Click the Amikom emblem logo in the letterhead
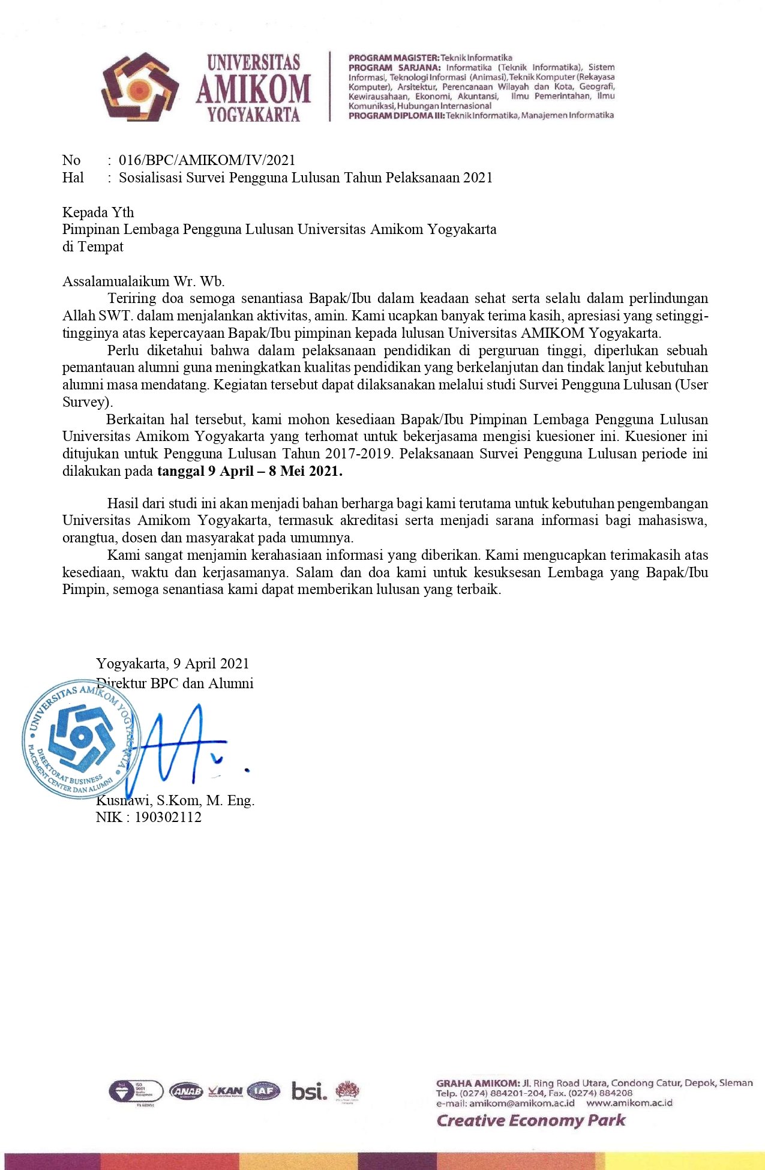point(140,86)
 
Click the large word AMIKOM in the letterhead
point(253,89)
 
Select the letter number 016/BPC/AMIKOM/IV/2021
point(207,160)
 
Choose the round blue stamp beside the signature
point(81,739)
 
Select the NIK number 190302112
point(168,817)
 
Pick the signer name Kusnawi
point(123,800)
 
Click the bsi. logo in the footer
point(309,1091)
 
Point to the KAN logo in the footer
point(226,1091)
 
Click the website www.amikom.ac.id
point(629,1103)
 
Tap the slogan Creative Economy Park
point(530,1120)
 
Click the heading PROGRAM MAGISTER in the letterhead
point(394,58)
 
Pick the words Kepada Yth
point(98,212)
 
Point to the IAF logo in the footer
point(264,1091)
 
